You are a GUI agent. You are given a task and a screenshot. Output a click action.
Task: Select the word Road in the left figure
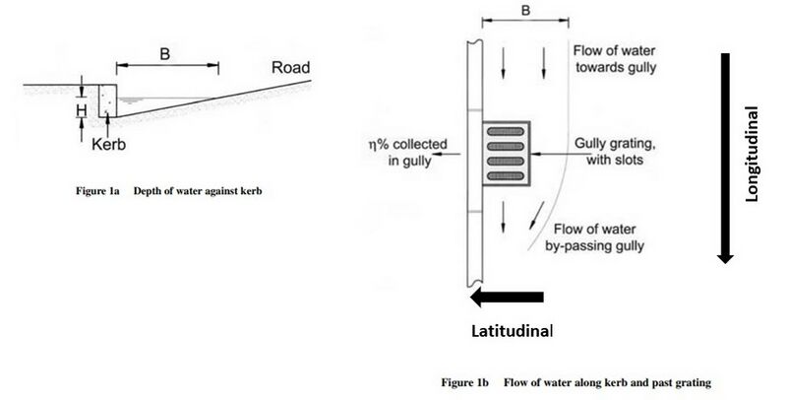pos(292,68)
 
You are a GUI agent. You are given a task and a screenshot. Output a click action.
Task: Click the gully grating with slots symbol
pos(506,154)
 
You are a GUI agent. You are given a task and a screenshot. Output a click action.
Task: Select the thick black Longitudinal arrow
pos(724,158)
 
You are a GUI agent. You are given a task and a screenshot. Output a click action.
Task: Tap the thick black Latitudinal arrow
pos(506,298)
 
